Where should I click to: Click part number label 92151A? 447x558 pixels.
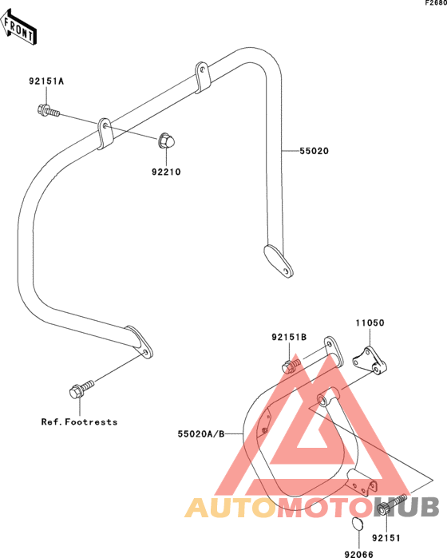pyautogui.click(x=46, y=81)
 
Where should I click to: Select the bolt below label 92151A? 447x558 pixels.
pyautogui.click(x=49, y=110)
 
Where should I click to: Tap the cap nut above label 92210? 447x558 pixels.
pyautogui.click(x=166, y=140)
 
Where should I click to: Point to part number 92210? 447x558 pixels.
pyautogui.click(x=166, y=172)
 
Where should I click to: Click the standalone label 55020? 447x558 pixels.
pyautogui.click(x=314, y=151)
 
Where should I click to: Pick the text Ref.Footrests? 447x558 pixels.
pyautogui.click(x=79, y=422)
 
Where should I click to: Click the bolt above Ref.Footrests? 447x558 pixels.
pyautogui.click(x=81, y=390)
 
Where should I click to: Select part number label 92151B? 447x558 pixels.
pyautogui.click(x=289, y=337)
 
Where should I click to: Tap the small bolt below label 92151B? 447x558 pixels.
pyautogui.click(x=291, y=366)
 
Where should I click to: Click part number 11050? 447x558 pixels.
pyautogui.click(x=370, y=323)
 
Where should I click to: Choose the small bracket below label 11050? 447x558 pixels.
pyautogui.click(x=370, y=361)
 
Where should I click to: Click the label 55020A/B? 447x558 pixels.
pyautogui.click(x=201, y=433)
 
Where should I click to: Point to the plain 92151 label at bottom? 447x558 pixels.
pyautogui.click(x=386, y=538)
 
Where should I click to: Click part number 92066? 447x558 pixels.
pyautogui.click(x=358, y=554)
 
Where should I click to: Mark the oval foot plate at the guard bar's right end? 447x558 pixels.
pyautogui.click(x=279, y=261)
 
